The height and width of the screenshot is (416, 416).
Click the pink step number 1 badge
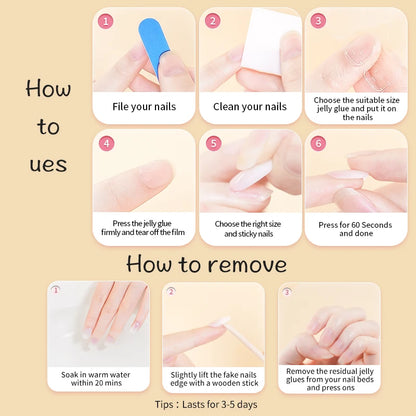point(107,20)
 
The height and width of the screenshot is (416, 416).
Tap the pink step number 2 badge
point(213,20)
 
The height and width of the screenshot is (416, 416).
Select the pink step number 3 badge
point(318,20)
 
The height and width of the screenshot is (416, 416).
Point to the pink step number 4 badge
point(107,143)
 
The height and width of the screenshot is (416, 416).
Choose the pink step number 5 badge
point(213,143)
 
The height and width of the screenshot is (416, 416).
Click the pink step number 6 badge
point(318,143)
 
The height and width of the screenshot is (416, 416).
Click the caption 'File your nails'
point(144,106)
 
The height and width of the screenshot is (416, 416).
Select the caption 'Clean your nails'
point(249,106)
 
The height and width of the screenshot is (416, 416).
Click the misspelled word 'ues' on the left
point(48,164)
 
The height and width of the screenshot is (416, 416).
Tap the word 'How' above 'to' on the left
point(48,89)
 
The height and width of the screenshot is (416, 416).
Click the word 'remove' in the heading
point(241,264)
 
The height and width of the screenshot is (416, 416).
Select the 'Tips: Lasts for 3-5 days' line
point(208,403)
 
